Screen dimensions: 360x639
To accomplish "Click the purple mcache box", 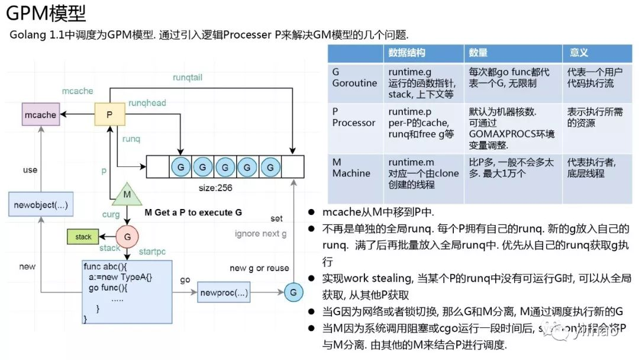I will (x=40, y=114).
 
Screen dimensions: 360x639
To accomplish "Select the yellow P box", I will (x=109, y=114).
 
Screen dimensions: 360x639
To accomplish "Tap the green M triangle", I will (x=127, y=195).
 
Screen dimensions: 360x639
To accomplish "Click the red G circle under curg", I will (x=127, y=236).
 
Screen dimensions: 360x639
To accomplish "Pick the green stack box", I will (x=83, y=237).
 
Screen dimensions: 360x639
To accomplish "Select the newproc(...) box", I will (x=224, y=292).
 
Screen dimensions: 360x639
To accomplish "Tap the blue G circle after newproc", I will (x=293, y=292).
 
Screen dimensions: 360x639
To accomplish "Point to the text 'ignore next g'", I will (x=260, y=233).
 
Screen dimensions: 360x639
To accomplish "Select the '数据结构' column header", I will (x=407, y=53).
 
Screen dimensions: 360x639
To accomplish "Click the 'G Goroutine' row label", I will (x=354, y=78).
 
